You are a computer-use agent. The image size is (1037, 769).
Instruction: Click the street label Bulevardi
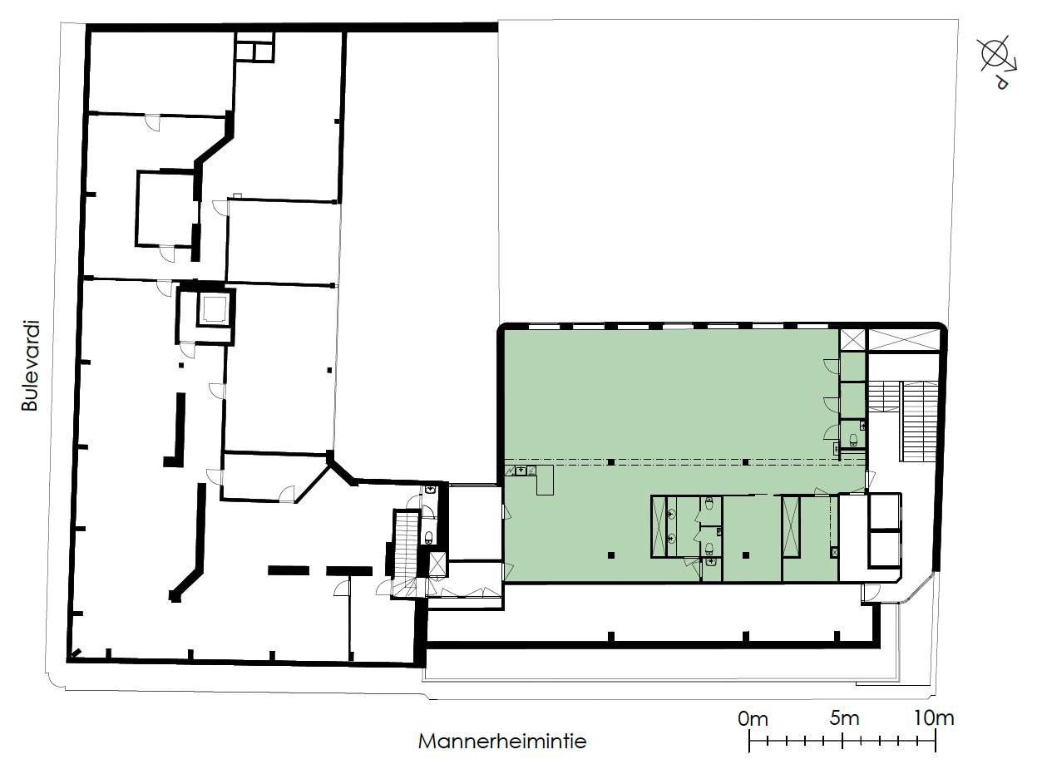(x=29, y=365)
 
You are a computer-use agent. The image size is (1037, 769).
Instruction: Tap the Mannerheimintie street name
(x=501, y=742)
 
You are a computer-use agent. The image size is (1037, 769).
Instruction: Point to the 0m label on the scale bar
(x=753, y=719)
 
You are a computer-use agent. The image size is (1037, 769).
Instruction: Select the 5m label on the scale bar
(x=844, y=718)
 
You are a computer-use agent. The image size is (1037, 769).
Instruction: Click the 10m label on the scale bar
(x=933, y=718)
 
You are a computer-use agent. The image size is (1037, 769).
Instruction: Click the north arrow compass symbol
(x=997, y=62)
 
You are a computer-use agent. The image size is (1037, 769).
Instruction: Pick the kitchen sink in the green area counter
(x=521, y=471)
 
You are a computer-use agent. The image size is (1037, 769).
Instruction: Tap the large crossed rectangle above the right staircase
(x=903, y=340)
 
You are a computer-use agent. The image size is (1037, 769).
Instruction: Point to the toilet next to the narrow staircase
(x=429, y=537)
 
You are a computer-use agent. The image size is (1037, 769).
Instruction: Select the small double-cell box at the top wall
(x=254, y=47)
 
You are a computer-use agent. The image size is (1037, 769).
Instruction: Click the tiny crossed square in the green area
(x=834, y=552)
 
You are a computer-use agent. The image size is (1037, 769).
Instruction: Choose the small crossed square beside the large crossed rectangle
(x=852, y=340)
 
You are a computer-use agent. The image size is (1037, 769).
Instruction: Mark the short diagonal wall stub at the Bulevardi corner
(x=76, y=653)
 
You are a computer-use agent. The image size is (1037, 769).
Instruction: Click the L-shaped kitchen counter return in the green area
(x=545, y=480)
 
